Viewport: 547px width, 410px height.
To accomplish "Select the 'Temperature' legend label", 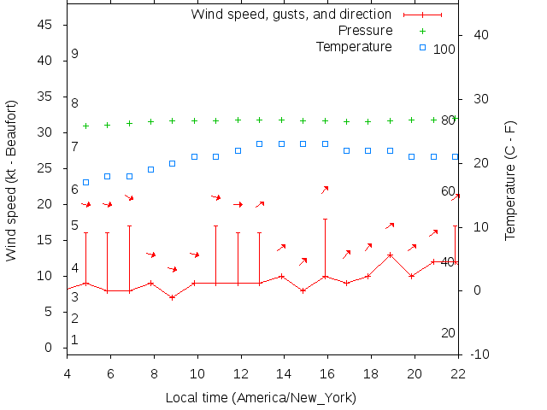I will pos(354,46).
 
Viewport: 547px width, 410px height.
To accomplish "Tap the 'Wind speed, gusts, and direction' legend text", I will pos(291,15).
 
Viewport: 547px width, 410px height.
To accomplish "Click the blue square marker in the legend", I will pos(422,47).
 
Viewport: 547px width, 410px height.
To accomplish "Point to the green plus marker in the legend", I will pos(422,31).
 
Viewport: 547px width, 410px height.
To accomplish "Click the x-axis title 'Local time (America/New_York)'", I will pos(261,398).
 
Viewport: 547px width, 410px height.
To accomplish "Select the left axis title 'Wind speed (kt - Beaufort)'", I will pos(12,179).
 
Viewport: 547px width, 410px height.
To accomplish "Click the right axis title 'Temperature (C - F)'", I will pos(510,179).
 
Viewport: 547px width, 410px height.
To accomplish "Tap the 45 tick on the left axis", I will pos(46,25).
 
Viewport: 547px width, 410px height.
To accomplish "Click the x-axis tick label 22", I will pos(458,372).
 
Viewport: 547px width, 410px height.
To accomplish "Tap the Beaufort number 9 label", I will pos(75,54).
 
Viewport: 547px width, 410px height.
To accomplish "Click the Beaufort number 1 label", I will pos(75,340).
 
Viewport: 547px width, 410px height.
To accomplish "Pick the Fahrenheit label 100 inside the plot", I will pos(444,49).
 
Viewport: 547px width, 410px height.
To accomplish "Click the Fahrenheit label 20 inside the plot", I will pos(448,332).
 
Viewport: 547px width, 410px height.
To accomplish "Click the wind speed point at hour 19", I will pos(390,255).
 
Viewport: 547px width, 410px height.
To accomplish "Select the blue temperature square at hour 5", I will pos(85,182).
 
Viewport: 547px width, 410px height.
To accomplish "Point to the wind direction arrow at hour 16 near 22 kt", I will pos(325,190).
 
